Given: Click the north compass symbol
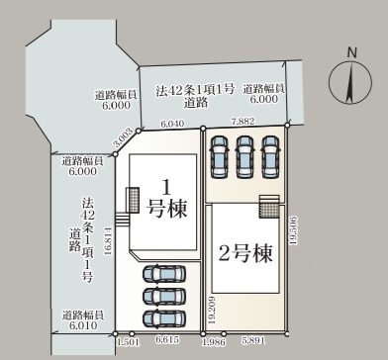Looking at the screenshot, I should [350, 79].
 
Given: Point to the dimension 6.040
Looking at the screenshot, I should [172, 125].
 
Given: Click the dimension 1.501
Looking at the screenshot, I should [127, 340].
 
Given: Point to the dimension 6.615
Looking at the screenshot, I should [167, 340].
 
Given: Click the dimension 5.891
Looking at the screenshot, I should [254, 340].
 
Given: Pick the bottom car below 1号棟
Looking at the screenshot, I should [164, 318].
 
